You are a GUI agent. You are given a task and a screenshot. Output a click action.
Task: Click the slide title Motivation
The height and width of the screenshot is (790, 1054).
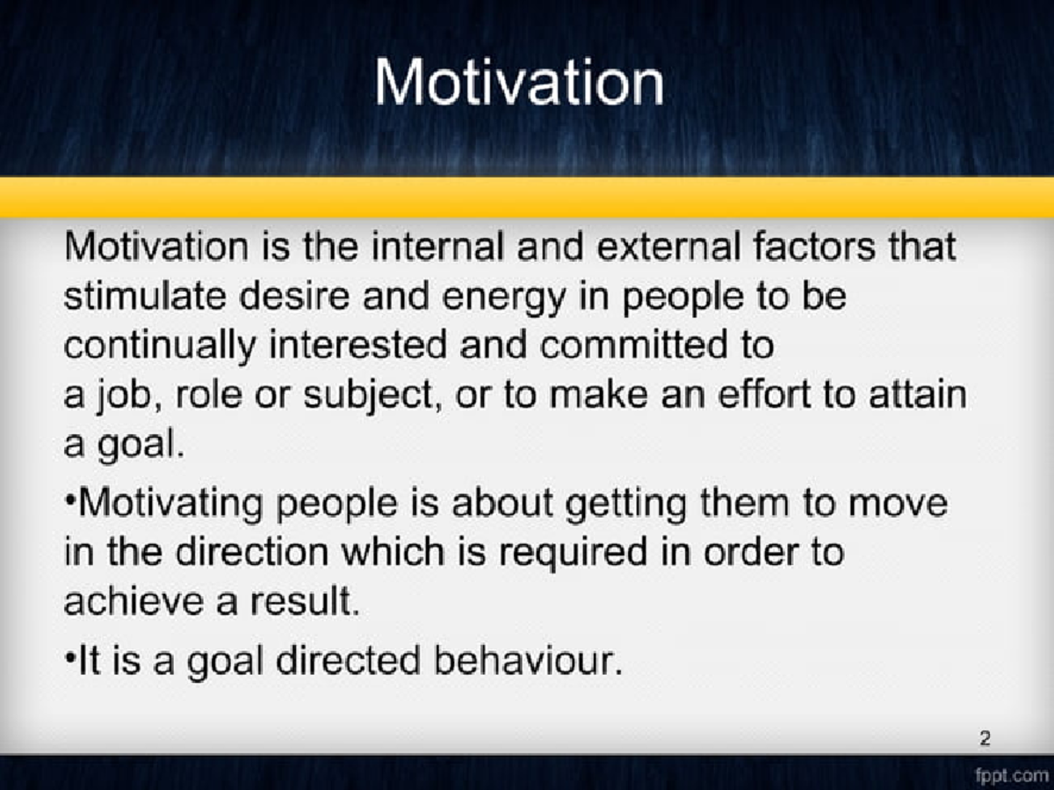519,83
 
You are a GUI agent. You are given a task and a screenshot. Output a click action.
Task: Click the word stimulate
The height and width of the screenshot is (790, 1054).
135,296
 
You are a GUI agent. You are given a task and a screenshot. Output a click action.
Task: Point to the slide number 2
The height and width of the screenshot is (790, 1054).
985,739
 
